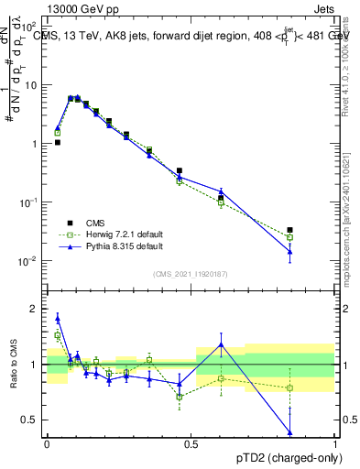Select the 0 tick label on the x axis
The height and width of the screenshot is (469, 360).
click(x=46, y=444)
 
